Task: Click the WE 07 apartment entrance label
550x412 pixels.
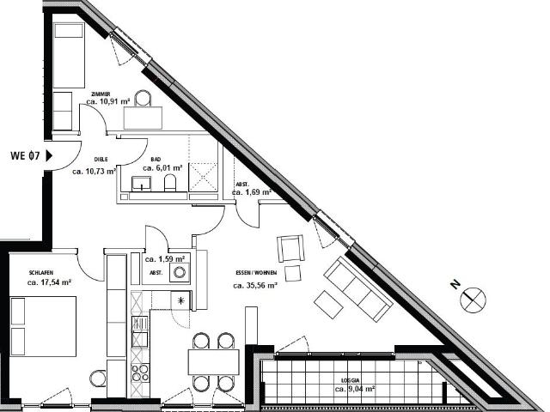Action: click(x=25, y=156)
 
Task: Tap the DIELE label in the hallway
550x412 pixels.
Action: click(x=100, y=160)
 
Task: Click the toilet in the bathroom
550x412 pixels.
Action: click(x=169, y=183)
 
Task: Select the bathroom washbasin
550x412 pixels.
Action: click(x=142, y=183)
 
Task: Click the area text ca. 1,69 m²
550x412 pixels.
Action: click(x=252, y=193)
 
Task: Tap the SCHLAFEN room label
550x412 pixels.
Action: click(x=41, y=272)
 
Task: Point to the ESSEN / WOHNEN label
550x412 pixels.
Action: click(x=255, y=274)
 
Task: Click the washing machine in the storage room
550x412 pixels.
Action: click(x=180, y=272)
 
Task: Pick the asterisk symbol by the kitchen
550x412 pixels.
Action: click(x=180, y=300)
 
